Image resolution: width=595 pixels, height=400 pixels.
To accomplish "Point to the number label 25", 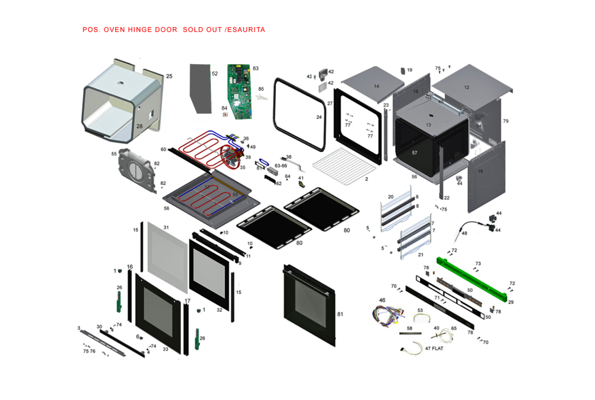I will pos(169,76).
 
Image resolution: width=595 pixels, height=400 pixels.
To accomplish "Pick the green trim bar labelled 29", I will pos(471,279).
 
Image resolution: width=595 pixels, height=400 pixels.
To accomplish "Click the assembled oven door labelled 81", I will pos(308,305).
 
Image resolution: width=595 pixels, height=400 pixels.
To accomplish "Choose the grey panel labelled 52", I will pos(200,88).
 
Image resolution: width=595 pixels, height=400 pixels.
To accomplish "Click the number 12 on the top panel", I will pos(466,87).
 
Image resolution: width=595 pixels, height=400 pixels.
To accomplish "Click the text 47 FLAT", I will pos(434,349).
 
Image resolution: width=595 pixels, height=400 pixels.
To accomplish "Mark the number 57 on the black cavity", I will pos(414,153).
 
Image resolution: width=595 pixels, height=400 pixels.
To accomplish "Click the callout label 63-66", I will pos(281,166).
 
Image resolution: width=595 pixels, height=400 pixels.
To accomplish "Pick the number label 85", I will pos(261,89).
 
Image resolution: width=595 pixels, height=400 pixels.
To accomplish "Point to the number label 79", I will pos(505,121).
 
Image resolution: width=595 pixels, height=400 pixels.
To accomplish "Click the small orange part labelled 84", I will pos(226,115).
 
